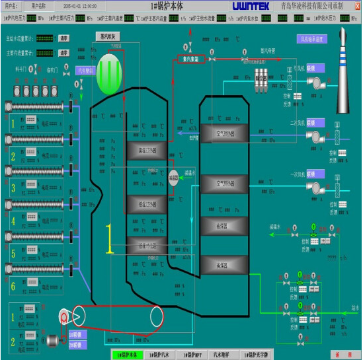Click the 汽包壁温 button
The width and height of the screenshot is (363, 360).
[x=87, y=69]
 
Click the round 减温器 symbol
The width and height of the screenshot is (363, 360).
[x=174, y=178]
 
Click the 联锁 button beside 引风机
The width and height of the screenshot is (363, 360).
[x=315, y=67]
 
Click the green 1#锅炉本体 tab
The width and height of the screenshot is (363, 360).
[x=127, y=355]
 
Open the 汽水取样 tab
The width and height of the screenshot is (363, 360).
[x=226, y=355]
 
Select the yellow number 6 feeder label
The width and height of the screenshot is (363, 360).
[x=12, y=287]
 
